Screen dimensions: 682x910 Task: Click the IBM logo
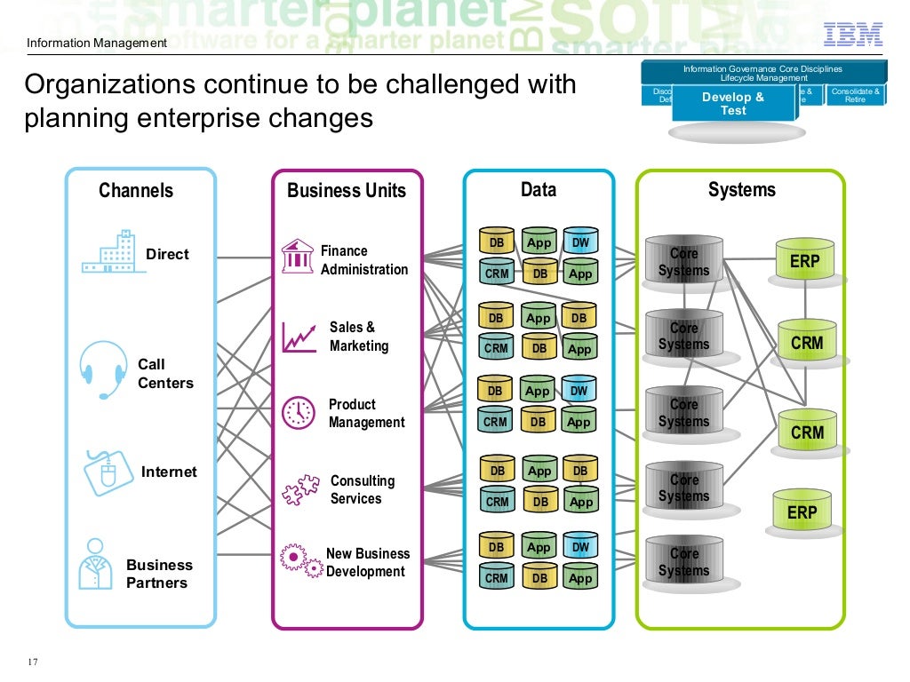point(853,35)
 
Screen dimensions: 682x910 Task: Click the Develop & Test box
point(733,103)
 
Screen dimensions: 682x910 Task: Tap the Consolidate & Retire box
point(856,95)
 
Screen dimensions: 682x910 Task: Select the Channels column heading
point(136,190)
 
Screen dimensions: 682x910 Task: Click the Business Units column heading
point(347,191)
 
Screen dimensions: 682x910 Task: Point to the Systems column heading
point(741,189)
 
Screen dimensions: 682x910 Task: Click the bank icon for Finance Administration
point(297,256)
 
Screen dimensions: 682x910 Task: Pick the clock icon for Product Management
point(298,412)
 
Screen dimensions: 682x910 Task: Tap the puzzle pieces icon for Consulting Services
point(299,489)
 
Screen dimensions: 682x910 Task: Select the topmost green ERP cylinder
point(805,262)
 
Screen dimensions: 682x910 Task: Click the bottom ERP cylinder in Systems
point(802,511)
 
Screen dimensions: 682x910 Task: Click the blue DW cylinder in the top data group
point(580,242)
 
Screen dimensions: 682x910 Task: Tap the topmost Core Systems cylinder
point(684,262)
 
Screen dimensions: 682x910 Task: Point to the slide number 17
point(33,662)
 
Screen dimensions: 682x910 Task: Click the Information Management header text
point(96,44)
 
